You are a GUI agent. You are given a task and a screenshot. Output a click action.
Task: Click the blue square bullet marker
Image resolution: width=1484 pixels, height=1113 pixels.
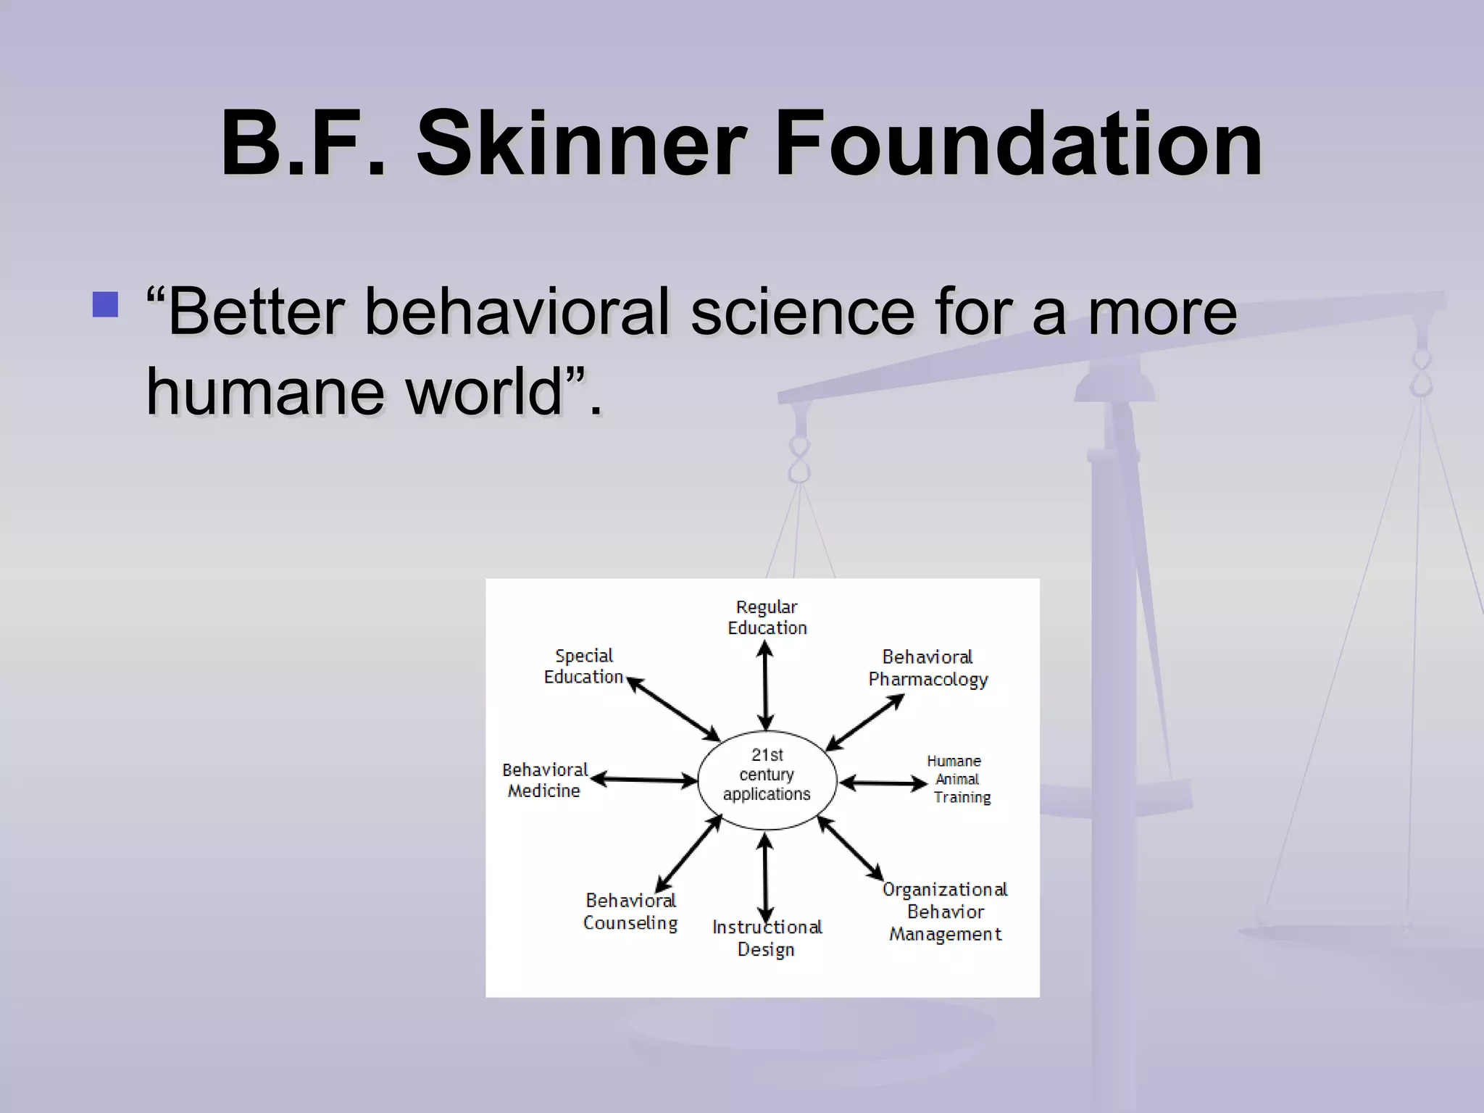pos(106,304)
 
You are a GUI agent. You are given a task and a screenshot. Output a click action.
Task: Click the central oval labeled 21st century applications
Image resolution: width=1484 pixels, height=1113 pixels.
pos(767,780)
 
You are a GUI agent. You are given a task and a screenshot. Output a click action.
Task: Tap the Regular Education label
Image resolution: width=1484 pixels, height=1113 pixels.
pos(767,617)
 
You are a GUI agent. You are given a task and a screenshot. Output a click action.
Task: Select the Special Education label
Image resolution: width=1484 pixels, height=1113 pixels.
pos(583,666)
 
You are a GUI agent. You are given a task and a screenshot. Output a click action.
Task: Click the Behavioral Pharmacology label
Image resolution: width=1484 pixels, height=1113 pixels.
pos(927,668)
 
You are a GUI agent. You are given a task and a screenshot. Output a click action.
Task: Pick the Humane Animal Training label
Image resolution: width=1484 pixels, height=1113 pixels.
pos(958,779)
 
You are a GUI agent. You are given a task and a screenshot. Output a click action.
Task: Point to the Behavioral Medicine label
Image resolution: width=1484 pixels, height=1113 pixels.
pos(544,780)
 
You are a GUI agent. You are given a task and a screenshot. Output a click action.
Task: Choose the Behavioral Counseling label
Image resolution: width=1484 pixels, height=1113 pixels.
pos(630,912)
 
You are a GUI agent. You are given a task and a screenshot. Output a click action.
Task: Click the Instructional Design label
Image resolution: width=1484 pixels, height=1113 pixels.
pos(767,938)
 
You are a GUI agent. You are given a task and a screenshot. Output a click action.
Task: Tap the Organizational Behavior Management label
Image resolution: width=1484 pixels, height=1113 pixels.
pos(945,912)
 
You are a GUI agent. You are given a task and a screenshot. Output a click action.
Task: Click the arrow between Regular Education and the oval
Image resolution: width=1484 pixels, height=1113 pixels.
pos(765,686)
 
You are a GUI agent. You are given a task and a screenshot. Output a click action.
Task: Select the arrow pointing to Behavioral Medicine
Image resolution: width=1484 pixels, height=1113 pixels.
pos(643,780)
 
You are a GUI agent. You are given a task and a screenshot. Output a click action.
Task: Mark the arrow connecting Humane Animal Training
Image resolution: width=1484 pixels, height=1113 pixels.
pos(883,783)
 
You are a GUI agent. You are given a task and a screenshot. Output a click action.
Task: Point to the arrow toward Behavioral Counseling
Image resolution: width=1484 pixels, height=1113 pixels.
pos(688,854)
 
